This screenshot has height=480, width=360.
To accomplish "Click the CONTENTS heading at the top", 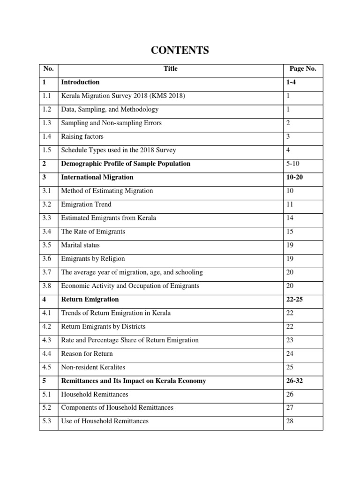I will click(x=180, y=51).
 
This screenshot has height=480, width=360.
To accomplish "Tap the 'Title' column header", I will click(x=171, y=68).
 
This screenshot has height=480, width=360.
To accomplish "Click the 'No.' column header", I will click(x=48, y=68).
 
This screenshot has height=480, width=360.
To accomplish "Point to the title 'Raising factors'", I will click(x=82, y=136).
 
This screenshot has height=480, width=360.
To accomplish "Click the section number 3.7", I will click(x=47, y=272).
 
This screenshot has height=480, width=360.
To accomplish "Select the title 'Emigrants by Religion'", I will click(x=93, y=259).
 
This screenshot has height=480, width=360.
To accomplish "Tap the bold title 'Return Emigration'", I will click(x=90, y=299).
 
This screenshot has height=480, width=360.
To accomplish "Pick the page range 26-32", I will click(x=294, y=381).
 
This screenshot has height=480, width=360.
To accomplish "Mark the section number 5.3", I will click(x=47, y=421).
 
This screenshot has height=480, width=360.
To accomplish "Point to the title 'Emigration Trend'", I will click(x=86, y=204).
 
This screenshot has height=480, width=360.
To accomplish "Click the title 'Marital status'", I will click(x=80, y=245).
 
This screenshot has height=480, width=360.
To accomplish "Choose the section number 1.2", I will click(x=47, y=109).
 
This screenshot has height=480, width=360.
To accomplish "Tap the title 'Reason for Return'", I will click(x=87, y=353).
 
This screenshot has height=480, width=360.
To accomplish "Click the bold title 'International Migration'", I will click(x=97, y=177).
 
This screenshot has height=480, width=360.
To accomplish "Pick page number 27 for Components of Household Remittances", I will click(x=290, y=407).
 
